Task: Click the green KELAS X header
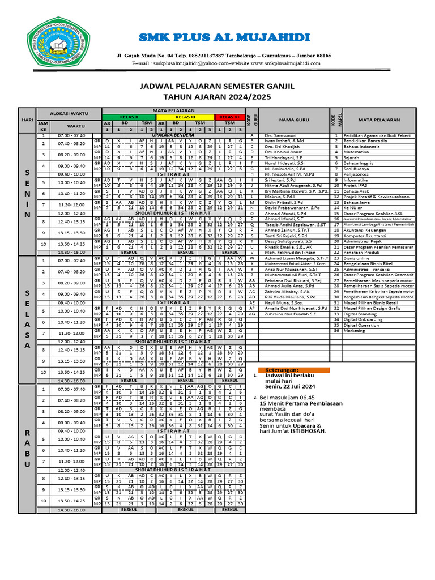click(129, 116)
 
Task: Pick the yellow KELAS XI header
click(185, 116)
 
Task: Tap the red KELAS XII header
click(229, 116)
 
